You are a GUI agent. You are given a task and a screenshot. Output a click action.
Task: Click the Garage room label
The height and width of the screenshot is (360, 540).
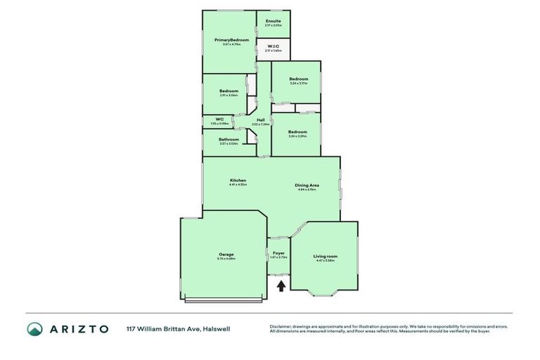pos(226,254)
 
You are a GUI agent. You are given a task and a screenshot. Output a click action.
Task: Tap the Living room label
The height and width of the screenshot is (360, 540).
pos(325,256)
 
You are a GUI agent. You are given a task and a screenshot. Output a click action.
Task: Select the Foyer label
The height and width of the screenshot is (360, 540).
pos(278,252)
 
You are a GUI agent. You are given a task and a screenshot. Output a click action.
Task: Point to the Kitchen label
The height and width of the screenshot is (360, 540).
pos(238,181)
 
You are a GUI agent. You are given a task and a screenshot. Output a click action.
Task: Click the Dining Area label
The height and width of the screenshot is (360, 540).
pos(307,185)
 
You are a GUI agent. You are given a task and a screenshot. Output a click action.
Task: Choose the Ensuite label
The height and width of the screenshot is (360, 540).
pos(274,21)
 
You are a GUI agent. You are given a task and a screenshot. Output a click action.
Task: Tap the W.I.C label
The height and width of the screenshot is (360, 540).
pos(274,47)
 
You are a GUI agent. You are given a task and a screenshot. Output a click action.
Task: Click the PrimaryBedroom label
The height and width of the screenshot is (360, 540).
pos(232,40)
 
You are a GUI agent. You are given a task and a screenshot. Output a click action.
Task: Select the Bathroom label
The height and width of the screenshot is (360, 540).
pos(229,139)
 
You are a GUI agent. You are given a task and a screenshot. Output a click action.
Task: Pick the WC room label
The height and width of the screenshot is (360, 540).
pos(219,119)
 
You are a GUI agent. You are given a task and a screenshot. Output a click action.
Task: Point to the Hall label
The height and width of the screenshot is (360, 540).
pos(260,120)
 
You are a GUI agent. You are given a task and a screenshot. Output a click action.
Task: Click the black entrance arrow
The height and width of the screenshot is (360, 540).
pos(281,285)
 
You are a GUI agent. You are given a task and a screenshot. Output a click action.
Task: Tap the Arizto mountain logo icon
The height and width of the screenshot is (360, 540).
pos(34,328)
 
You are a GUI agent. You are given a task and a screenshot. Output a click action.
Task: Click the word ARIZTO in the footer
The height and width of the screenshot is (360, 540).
pos(79,328)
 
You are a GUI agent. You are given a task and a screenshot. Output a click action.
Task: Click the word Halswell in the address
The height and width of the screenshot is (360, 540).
pos(217,328)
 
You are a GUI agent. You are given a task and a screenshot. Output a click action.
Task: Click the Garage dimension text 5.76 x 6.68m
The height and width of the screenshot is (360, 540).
pos(226,259)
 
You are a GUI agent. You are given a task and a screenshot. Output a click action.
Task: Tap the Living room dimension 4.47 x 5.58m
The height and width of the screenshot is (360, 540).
pos(325,261)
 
